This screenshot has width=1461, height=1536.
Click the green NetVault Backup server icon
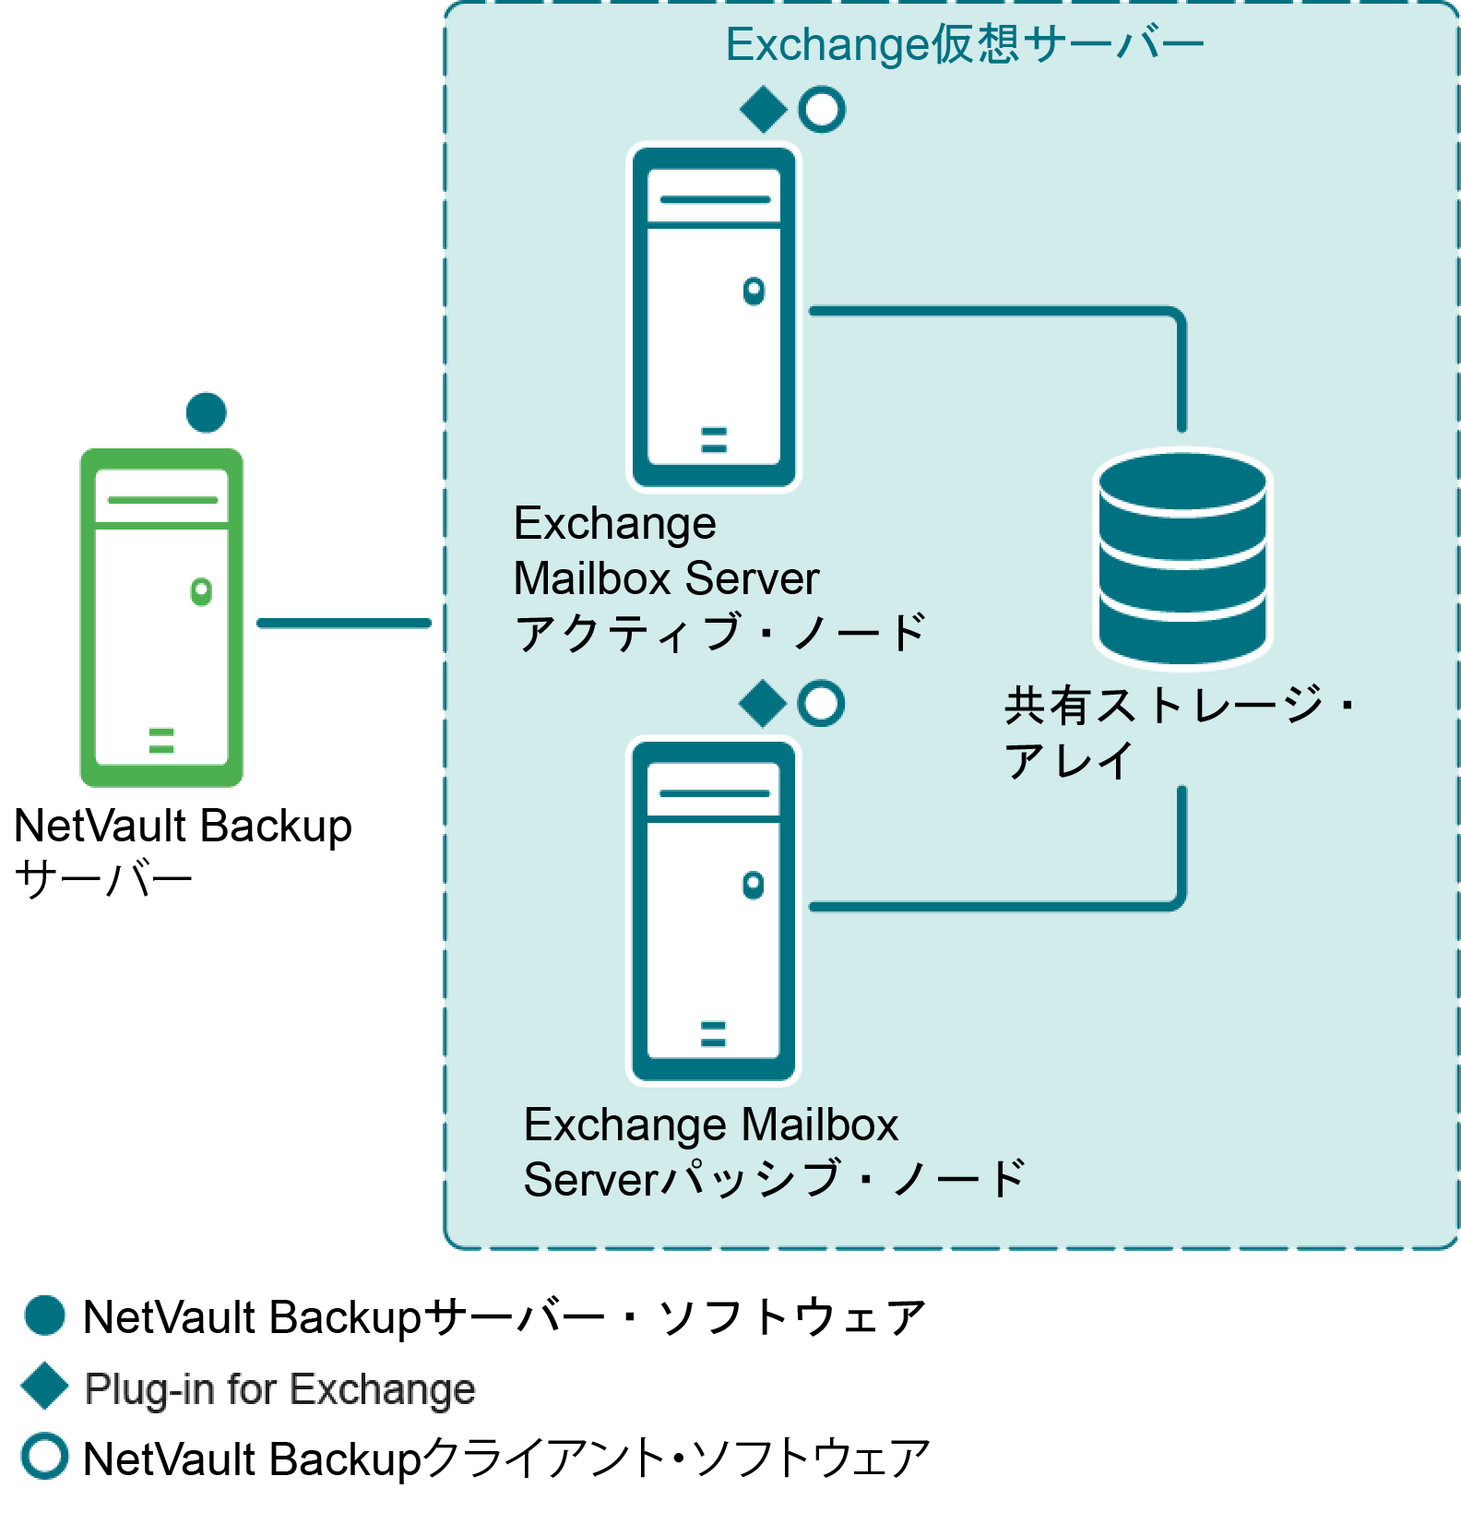pos(161,617)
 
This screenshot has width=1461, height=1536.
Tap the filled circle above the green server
pos(206,411)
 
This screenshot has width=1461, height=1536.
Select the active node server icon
pos(714,316)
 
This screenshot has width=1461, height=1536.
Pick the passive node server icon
pos(713,911)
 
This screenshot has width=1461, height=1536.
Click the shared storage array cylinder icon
pos(1182,557)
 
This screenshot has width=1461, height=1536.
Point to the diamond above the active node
pos(763,110)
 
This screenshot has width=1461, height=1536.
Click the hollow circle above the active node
pos(822,110)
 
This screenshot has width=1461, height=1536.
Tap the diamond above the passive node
pos(762,704)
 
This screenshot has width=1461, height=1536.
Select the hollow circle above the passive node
pos(821,704)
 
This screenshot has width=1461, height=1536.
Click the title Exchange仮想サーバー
pos(964,45)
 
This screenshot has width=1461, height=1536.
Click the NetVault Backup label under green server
pos(183,826)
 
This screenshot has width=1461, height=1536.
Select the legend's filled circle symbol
pos(44,1316)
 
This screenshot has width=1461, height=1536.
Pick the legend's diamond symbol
pos(44,1387)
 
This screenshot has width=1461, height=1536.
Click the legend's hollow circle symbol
pos(44,1457)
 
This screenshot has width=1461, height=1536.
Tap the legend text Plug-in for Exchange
pos(279,1388)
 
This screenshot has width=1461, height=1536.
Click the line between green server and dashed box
pos(343,624)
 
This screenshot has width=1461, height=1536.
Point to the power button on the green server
pos(201,590)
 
